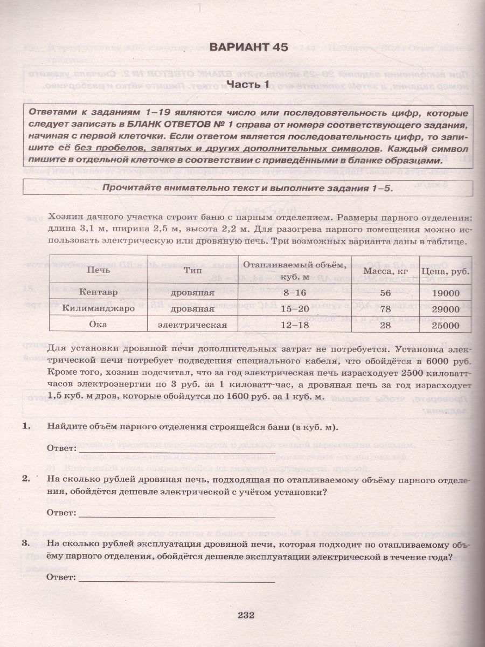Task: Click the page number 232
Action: click(x=242, y=615)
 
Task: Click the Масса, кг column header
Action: click(x=385, y=271)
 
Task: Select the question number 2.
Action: click(x=25, y=478)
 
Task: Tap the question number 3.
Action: click(x=25, y=542)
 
